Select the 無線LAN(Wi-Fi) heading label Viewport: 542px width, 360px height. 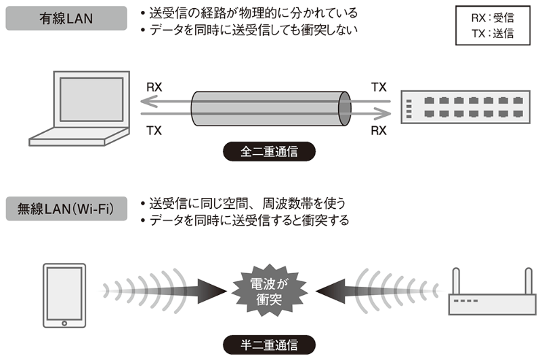point(66,208)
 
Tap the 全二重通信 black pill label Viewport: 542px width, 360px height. point(269,151)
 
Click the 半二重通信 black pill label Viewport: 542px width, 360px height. point(269,344)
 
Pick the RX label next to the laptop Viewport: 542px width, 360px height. point(154,87)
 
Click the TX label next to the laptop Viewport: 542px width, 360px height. point(154,130)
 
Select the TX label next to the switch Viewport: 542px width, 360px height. point(379,87)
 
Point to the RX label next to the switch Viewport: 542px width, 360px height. point(379,130)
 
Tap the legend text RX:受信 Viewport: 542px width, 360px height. point(493,18)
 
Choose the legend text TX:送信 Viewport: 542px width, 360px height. point(493,33)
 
